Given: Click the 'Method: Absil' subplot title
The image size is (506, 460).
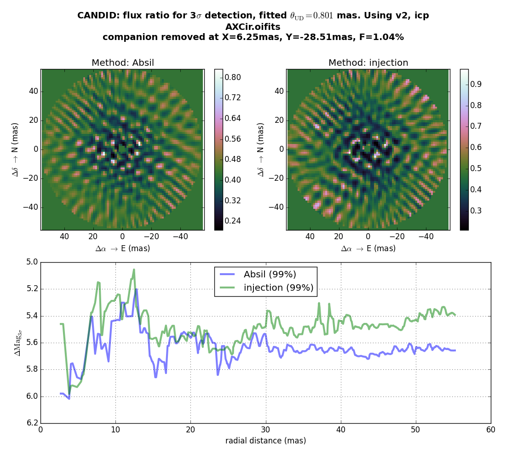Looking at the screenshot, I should pos(122,63).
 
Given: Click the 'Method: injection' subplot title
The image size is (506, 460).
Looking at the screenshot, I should pos(368,63).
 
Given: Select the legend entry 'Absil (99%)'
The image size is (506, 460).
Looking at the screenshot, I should pos(270,275).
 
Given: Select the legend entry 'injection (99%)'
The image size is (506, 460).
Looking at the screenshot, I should pos(278,288).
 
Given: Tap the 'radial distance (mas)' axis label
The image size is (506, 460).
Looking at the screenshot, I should pos(265,441).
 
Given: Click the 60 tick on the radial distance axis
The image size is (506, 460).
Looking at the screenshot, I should pos(491,431).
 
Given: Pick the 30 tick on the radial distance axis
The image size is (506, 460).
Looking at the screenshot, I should pos(265,431).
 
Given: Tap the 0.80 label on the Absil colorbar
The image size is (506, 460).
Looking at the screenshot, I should pos(233,77).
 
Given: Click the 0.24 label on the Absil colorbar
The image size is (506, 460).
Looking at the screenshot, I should pos(233,221).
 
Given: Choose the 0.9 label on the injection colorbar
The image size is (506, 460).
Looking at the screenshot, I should pos(476,84).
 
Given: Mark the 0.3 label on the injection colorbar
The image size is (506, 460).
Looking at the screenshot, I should pos(476,211).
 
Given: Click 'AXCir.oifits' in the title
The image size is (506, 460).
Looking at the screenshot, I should pos(253,27).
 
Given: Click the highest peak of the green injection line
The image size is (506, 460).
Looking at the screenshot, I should pos(134,270).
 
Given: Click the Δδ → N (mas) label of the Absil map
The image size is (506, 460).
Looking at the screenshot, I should pos(15,149).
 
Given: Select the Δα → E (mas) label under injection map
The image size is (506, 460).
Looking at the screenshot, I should pos(368,249).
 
